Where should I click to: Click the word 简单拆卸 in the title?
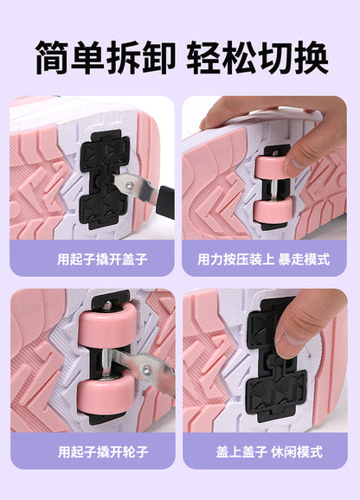coord(106,58)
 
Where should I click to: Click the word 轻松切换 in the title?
coord(257,58)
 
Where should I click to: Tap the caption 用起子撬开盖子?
coord(102,259)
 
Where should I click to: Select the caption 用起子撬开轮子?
coord(103,452)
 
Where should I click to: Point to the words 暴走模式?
coord(304,259)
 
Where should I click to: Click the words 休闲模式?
coord(297,452)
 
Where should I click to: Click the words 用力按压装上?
coord(236,259)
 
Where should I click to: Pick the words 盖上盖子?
coord(241,452)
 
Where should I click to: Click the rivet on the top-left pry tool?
coord(130,184)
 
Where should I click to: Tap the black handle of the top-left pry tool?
coord(166,202)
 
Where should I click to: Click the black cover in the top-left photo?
coord(104,179)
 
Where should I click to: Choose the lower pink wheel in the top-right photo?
coord(273,210)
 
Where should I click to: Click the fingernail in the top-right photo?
coord(294,164)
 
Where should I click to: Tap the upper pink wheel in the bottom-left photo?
coord(107,325)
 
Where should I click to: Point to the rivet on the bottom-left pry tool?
coord(146,370)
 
